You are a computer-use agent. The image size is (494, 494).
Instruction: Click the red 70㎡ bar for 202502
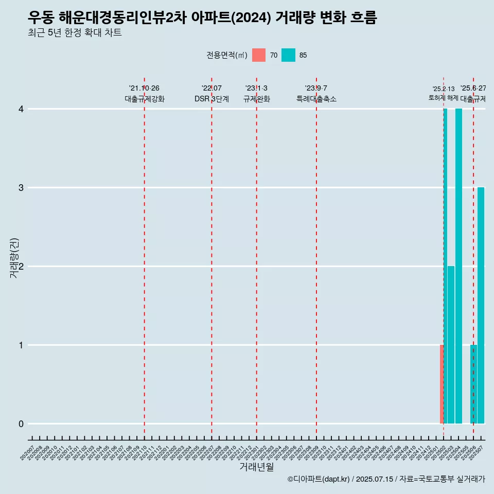[442, 384]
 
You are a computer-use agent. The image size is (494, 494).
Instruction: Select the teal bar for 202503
[451, 345]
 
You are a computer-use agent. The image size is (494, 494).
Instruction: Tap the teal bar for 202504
[458, 266]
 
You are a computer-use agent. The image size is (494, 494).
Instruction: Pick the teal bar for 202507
[481, 305]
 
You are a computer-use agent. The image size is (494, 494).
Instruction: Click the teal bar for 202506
[473, 384]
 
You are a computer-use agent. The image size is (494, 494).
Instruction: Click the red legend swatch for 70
[259, 55]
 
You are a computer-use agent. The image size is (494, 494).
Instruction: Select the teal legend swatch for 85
[288, 55]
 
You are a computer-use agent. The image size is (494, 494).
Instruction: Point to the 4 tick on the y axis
[21, 109]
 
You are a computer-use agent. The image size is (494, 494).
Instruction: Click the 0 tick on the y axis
[21, 424]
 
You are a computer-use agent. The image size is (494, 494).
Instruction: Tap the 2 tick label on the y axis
[21, 267]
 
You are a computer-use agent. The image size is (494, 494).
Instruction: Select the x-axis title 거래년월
[256, 467]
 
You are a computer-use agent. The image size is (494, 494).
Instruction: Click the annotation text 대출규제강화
[145, 99]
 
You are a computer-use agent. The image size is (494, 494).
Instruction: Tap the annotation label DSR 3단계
[211, 99]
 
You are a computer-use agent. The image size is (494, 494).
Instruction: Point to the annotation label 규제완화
[256, 99]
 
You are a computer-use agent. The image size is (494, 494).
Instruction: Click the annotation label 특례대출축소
[316, 99]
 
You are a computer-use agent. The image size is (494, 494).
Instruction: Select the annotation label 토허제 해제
[443, 98]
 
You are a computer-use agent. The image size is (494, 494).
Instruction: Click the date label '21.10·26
[144, 89]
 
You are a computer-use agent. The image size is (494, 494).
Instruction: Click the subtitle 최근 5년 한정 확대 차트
[75, 33]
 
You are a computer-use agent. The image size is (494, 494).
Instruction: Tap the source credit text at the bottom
[386, 480]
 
